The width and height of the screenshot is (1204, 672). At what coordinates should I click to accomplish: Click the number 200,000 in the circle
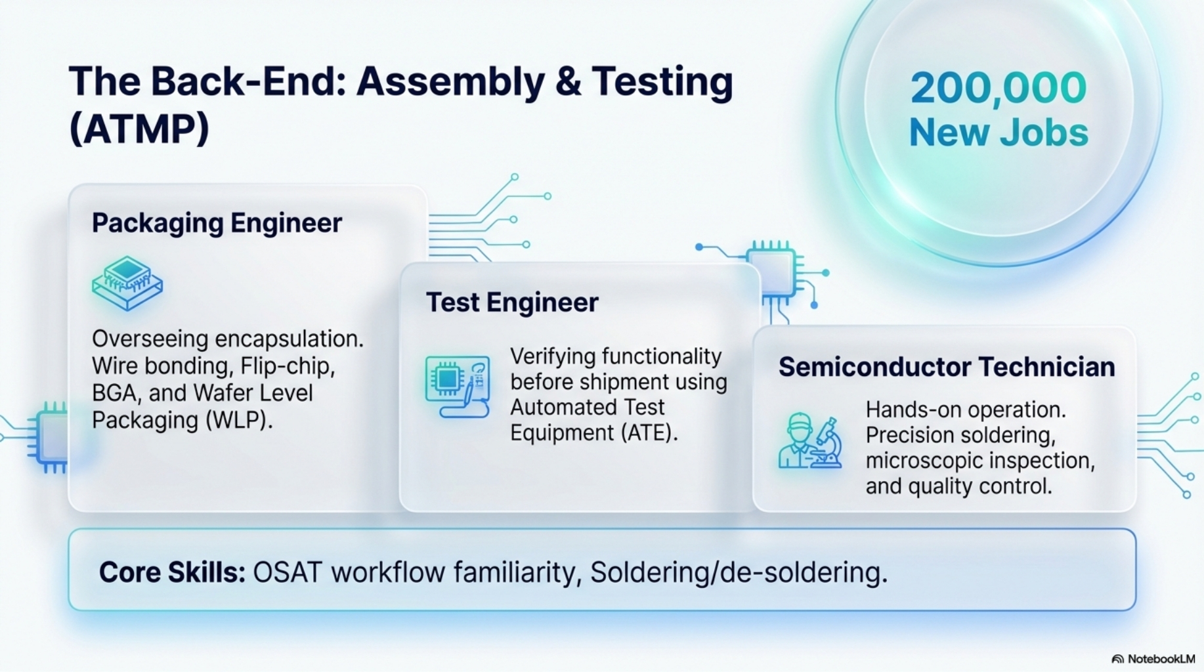(x=999, y=88)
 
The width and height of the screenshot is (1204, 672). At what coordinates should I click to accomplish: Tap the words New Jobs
(x=999, y=133)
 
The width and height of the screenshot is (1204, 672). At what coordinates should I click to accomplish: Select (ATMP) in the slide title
(x=139, y=128)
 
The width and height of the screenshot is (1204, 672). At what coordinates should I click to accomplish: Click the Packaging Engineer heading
(x=217, y=223)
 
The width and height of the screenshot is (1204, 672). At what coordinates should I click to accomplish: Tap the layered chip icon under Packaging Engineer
(x=127, y=283)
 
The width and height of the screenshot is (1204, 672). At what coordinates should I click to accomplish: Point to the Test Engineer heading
(x=512, y=303)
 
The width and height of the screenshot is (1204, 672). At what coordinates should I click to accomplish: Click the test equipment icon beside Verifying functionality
(x=458, y=387)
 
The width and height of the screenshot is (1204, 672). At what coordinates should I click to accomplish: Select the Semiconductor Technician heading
(x=947, y=367)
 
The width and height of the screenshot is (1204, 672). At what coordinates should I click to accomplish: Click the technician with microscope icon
(x=810, y=440)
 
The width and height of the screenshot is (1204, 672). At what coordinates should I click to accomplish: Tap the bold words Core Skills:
(x=172, y=572)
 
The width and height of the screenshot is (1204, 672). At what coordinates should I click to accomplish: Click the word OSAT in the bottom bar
(x=288, y=572)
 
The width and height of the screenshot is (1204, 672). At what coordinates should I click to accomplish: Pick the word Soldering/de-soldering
(x=739, y=572)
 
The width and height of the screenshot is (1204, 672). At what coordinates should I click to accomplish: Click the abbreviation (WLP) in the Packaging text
(x=239, y=420)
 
